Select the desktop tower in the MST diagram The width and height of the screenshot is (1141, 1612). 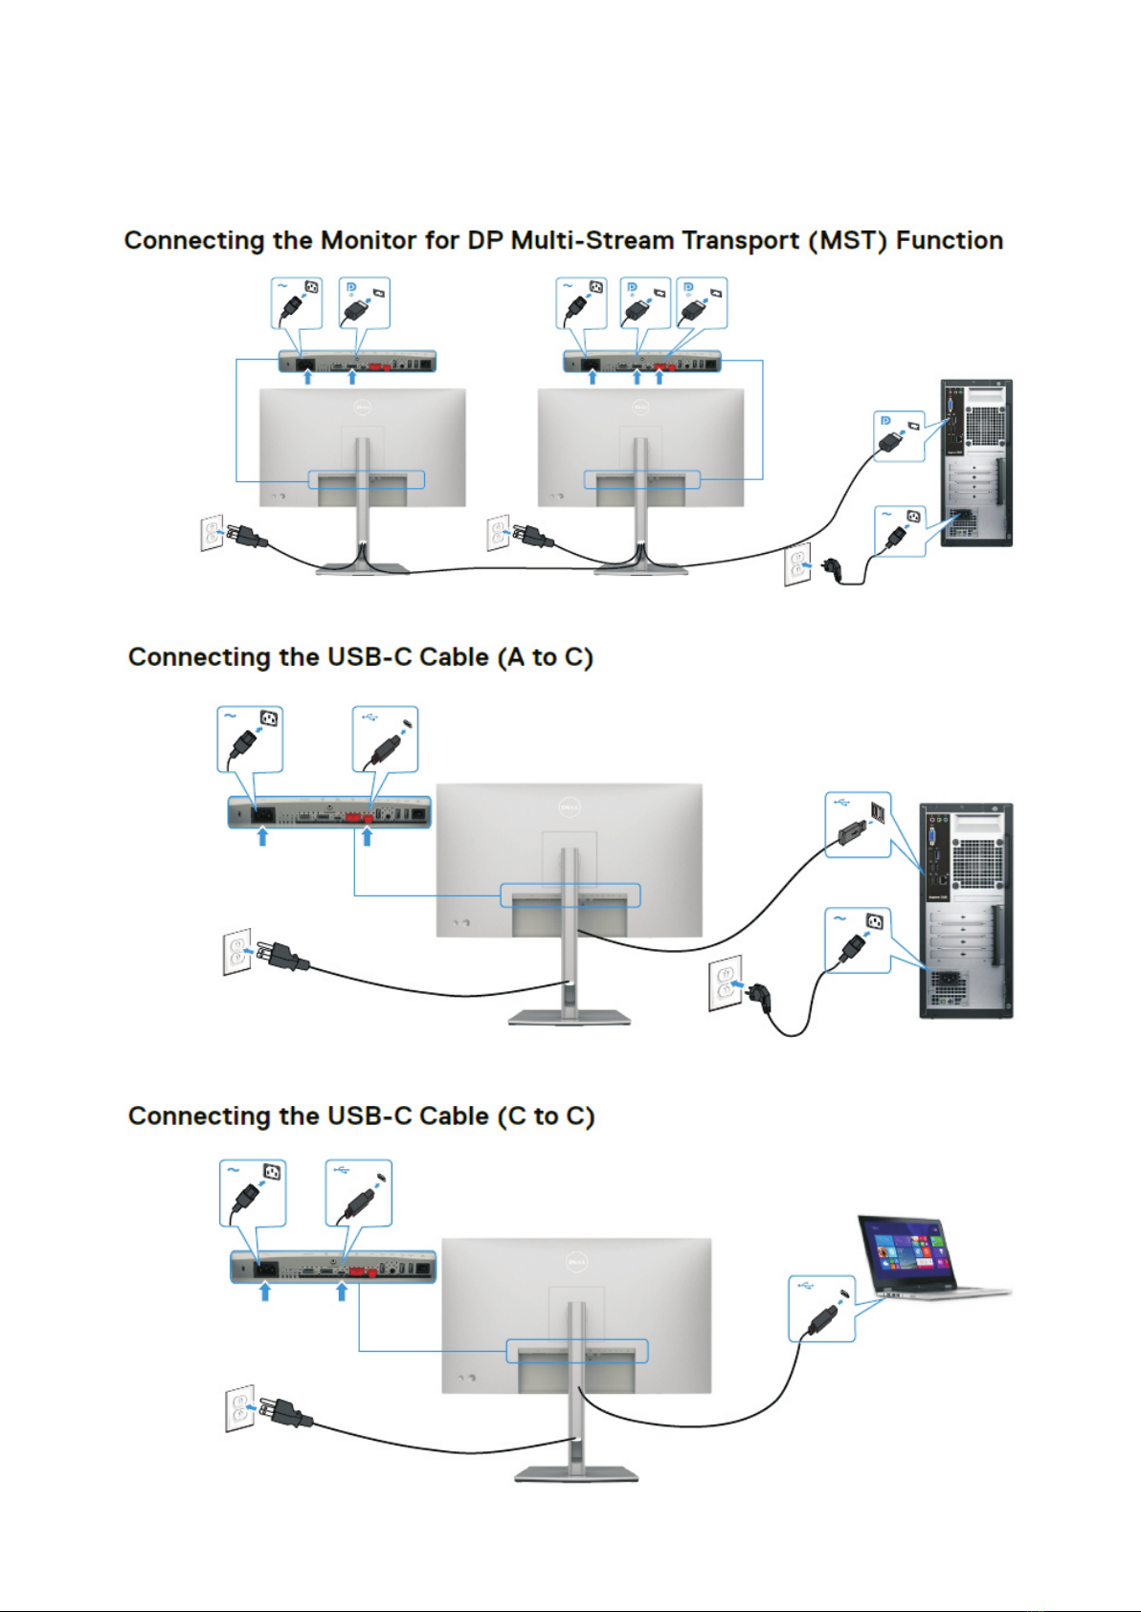(975, 463)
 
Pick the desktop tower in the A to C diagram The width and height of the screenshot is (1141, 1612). (965, 910)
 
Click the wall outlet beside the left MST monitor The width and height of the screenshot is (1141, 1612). (212, 532)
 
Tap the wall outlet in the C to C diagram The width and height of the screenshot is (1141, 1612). (239, 1407)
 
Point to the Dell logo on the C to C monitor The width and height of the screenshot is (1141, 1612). (576, 1262)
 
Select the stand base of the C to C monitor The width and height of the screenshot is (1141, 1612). (576, 1473)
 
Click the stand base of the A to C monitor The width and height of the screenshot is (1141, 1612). (569, 1017)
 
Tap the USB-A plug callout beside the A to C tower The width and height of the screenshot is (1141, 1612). (858, 824)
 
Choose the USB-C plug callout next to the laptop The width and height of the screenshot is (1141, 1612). (821, 1309)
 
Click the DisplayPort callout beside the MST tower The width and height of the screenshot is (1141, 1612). (899, 435)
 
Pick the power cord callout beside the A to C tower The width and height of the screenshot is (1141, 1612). (858, 940)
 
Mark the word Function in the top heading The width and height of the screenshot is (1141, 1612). (950, 240)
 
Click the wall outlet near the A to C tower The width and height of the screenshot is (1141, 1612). (725, 983)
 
